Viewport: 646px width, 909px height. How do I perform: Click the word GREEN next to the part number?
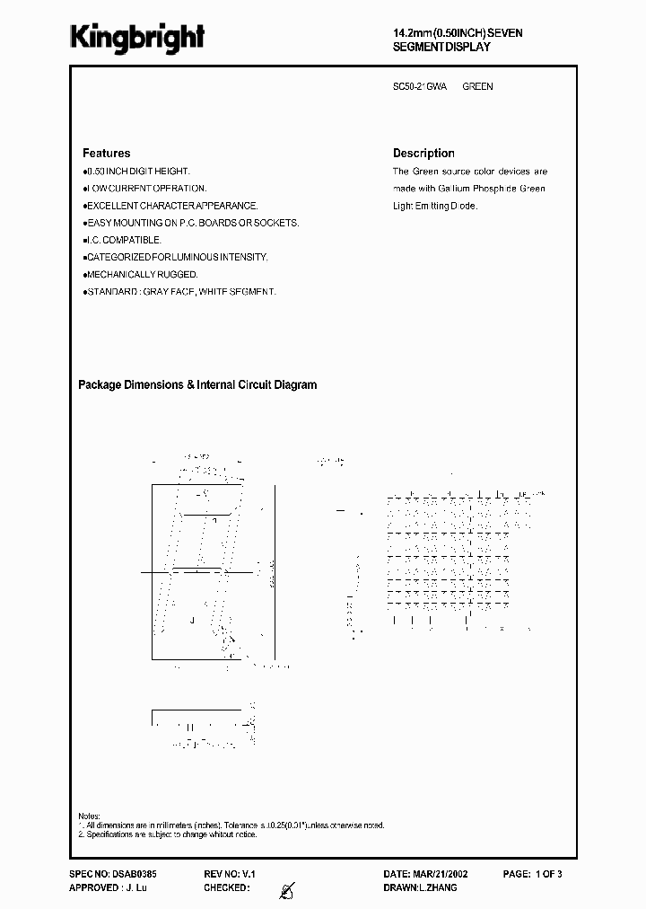tap(477, 87)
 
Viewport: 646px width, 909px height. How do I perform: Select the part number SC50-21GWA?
tap(420, 87)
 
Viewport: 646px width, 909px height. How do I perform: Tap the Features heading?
tap(106, 154)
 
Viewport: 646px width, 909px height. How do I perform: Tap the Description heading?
tap(423, 154)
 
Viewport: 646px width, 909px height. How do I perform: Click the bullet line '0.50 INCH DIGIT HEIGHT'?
tap(137, 171)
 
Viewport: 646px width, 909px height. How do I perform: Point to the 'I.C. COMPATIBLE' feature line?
tap(124, 240)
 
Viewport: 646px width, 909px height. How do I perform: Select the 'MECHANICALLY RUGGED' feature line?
tap(142, 274)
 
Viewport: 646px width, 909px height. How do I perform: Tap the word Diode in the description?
tap(463, 206)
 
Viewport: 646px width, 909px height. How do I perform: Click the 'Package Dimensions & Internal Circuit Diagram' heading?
tap(197, 385)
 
